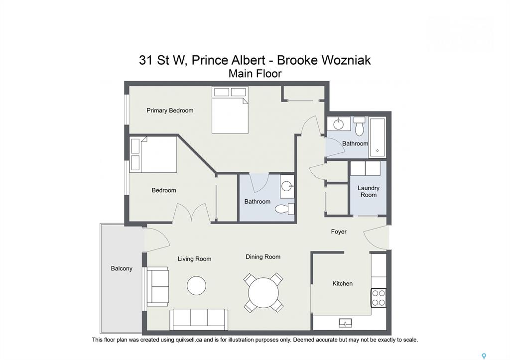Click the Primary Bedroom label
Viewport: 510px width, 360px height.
point(170,111)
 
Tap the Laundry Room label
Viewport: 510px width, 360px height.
point(369,191)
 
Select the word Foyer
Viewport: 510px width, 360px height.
point(339,232)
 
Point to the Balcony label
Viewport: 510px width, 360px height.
point(122,268)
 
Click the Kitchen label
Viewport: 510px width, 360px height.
point(343,283)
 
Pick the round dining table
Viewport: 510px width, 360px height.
point(263,292)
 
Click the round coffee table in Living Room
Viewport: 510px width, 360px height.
point(196,286)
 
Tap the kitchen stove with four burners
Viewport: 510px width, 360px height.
point(379,298)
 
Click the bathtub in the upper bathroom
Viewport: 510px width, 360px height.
point(377,137)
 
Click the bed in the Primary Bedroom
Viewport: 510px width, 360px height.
point(230,110)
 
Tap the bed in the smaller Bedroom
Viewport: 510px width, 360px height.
point(153,154)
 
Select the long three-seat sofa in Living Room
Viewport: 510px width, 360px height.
point(199,319)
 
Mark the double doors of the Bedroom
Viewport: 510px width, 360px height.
point(191,213)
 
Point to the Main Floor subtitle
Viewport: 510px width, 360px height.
point(255,74)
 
